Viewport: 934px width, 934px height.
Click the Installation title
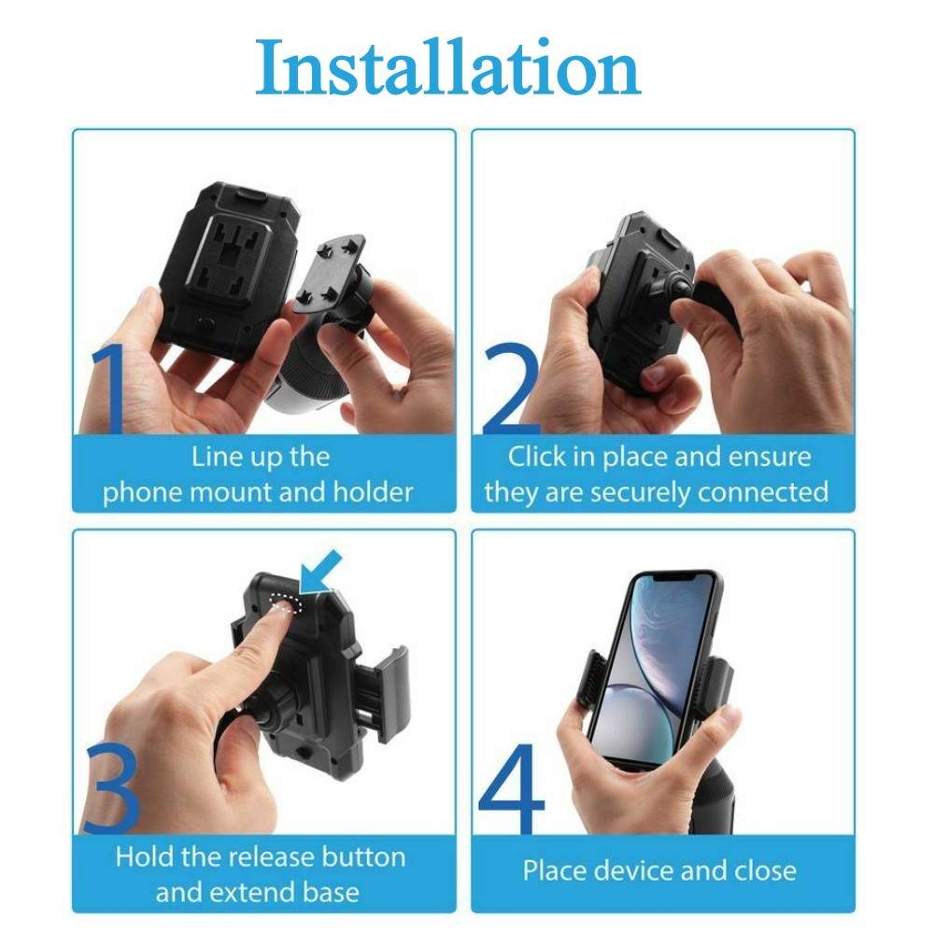click(448, 66)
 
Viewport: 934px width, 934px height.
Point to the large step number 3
click(111, 788)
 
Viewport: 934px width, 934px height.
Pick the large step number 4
click(512, 788)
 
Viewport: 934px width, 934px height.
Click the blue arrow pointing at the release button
click(320, 573)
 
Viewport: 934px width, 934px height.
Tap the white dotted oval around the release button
click(286, 602)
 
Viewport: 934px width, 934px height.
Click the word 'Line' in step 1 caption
click(210, 457)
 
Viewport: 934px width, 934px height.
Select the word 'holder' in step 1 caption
click(373, 492)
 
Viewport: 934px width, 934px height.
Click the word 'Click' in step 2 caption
click(537, 457)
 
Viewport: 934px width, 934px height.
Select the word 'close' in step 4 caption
click(766, 870)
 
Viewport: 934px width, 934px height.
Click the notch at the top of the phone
click(675, 577)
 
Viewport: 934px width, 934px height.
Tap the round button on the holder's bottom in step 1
click(206, 325)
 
